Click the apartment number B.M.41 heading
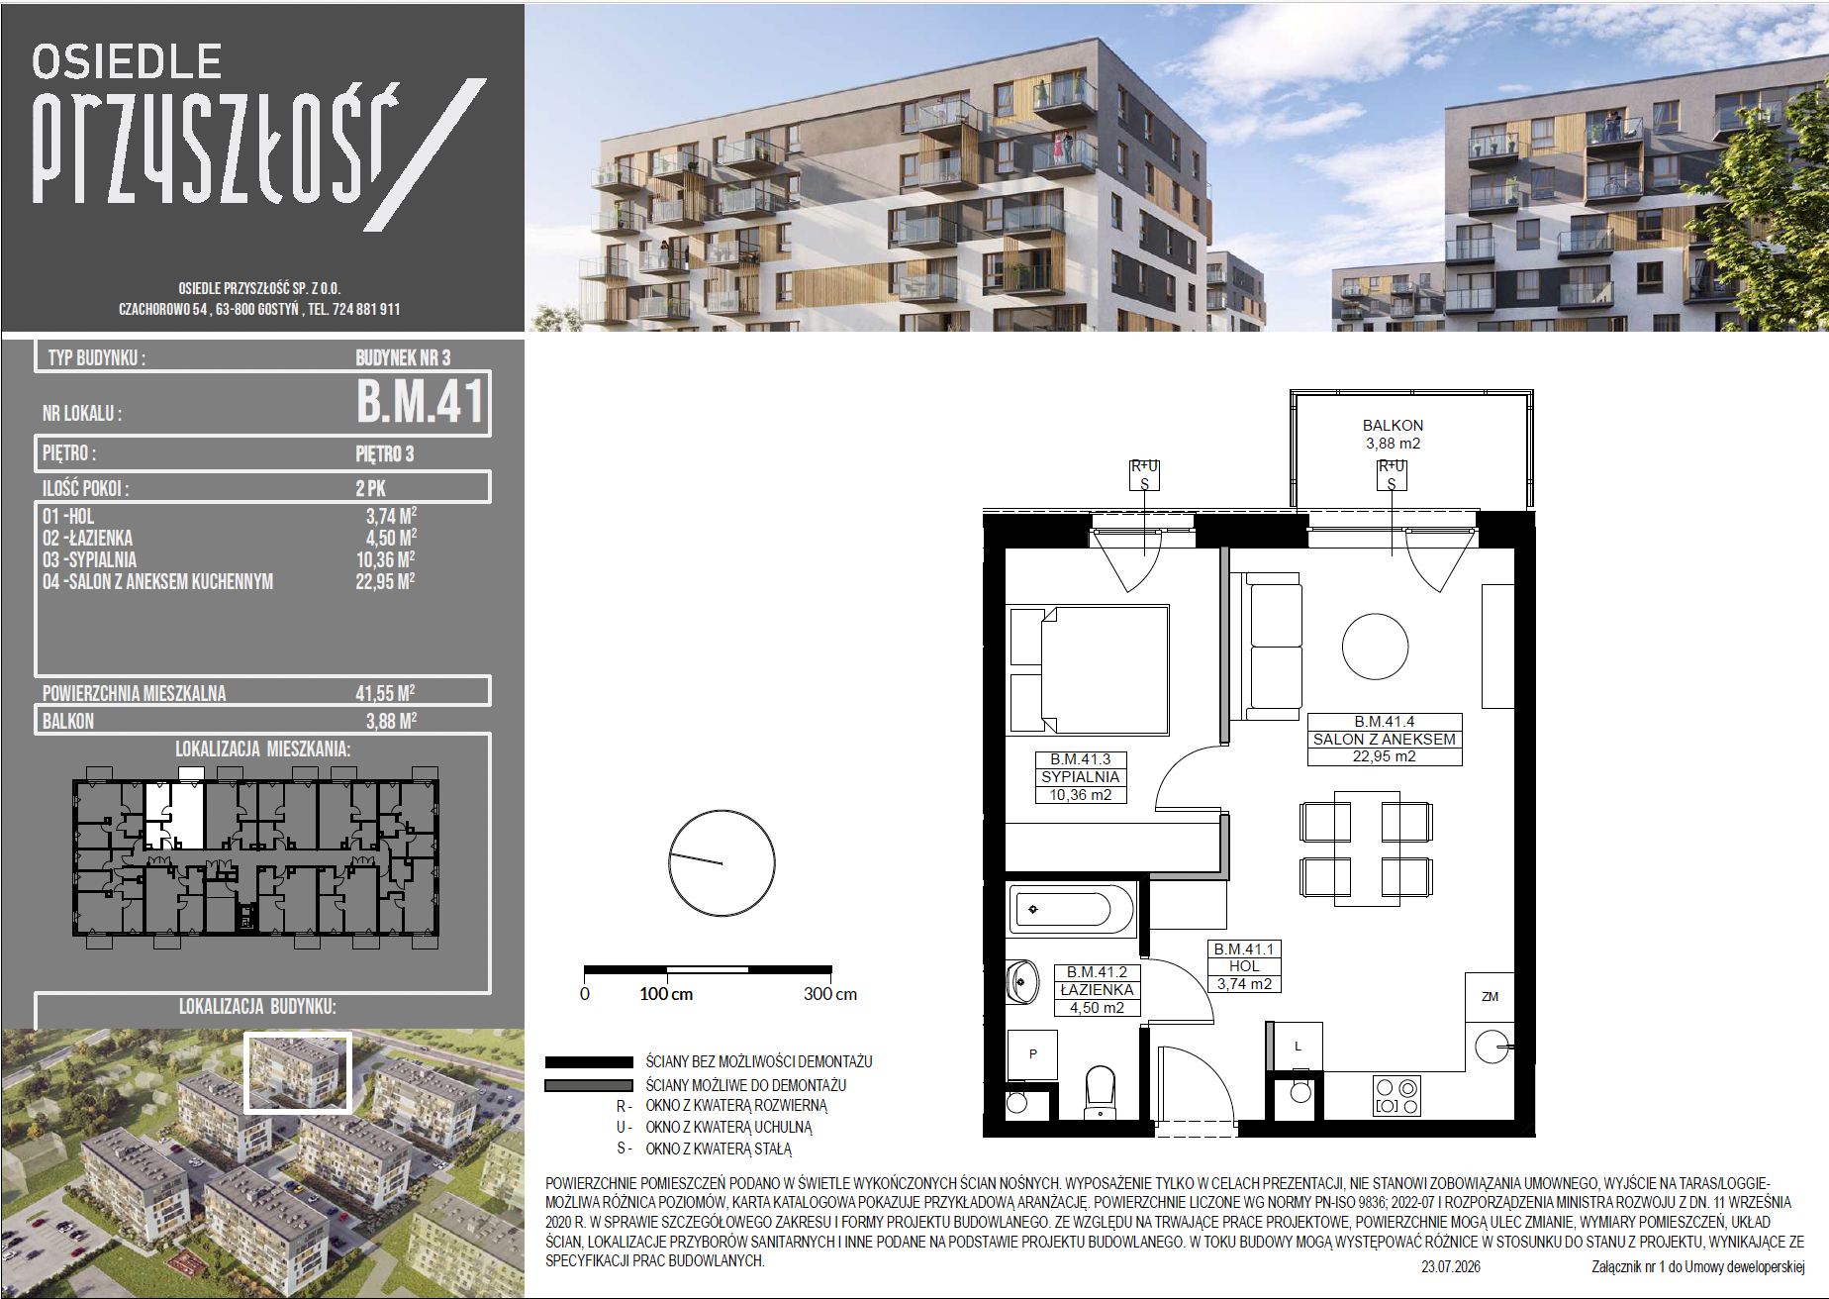[421, 402]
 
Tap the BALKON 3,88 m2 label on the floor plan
[1393, 435]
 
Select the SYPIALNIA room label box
[1081, 777]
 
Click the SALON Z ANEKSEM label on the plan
[1384, 740]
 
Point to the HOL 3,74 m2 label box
[1244, 966]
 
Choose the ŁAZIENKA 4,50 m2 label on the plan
[1097, 990]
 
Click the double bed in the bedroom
[1088, 670]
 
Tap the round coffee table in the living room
[1375, 647]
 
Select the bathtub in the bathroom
[1071, 908]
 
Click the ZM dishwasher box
[1490, 997]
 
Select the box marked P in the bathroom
[1032, 1054]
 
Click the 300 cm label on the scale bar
[830, 994]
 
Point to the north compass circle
[722, 863]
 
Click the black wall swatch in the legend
[589, 1061]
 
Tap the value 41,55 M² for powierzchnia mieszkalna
[385, 693]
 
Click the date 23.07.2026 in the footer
[1451, 1266]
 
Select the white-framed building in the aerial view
[298, 1073]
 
